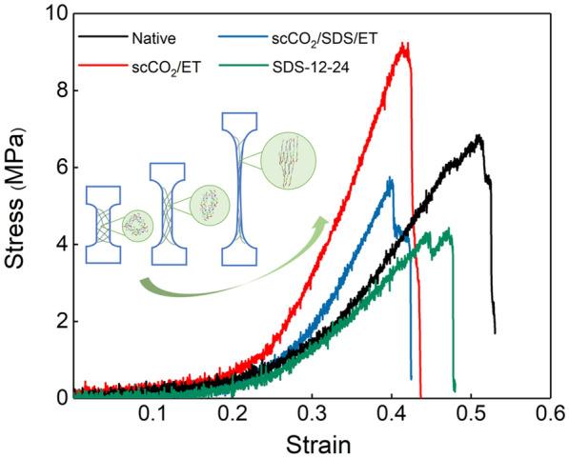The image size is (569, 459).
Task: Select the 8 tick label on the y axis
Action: (x=58, y=91)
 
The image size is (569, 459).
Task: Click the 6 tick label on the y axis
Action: (x=58, y=168)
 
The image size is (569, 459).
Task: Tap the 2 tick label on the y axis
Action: (x=58, y=321)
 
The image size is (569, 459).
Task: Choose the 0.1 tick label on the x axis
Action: (x=152, y=415)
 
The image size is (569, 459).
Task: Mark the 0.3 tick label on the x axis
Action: (x=312, y=415)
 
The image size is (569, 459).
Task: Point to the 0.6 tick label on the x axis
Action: (x=550, y=415)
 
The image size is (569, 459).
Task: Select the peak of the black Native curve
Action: (x=478, y=136)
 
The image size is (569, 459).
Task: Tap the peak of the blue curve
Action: (x=389, y=178)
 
